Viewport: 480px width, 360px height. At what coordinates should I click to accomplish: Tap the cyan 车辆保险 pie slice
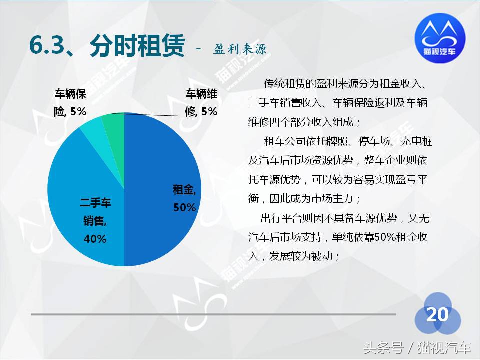tap(92, 128)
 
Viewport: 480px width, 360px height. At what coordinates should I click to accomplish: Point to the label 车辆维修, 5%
tap(201, 103)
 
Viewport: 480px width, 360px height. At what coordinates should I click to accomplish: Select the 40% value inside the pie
tap(95, 239)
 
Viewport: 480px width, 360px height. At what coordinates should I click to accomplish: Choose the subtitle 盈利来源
tap(240, 49)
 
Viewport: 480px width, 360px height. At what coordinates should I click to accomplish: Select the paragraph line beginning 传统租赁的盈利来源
tap(345, 83)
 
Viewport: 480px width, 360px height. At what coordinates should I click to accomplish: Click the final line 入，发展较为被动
tap(295, 257)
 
